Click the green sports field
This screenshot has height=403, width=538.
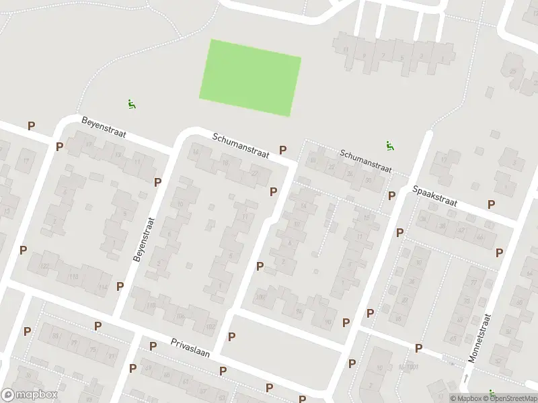pyautogui.click(x=250, y=77)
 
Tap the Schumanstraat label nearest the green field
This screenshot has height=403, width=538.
pyautogui.click(x=241, y=145)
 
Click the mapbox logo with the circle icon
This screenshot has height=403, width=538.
pyautogui.click(x=28, y=395)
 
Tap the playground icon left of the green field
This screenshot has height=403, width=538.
pyautogui.click(x=132, y=104)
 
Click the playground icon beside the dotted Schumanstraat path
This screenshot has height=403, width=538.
pyautogui.click(x=389, y=144)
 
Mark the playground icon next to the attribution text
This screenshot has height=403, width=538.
pyautogui.click(x=492, y=394)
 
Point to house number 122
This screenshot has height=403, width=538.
pyautogui.click(x=45, y=267)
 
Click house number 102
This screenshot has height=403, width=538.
pyautogui.click(x=210, y=326)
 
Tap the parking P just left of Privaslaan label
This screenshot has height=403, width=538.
pyautogui.click(x=153, y=347)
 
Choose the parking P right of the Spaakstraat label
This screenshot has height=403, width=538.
pyautogui.click(x=492, y=204)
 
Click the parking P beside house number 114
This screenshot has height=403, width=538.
pyautogui.click(x=120, y=286)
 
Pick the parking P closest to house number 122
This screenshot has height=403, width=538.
pyautogui.click(x=24, y=251)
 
